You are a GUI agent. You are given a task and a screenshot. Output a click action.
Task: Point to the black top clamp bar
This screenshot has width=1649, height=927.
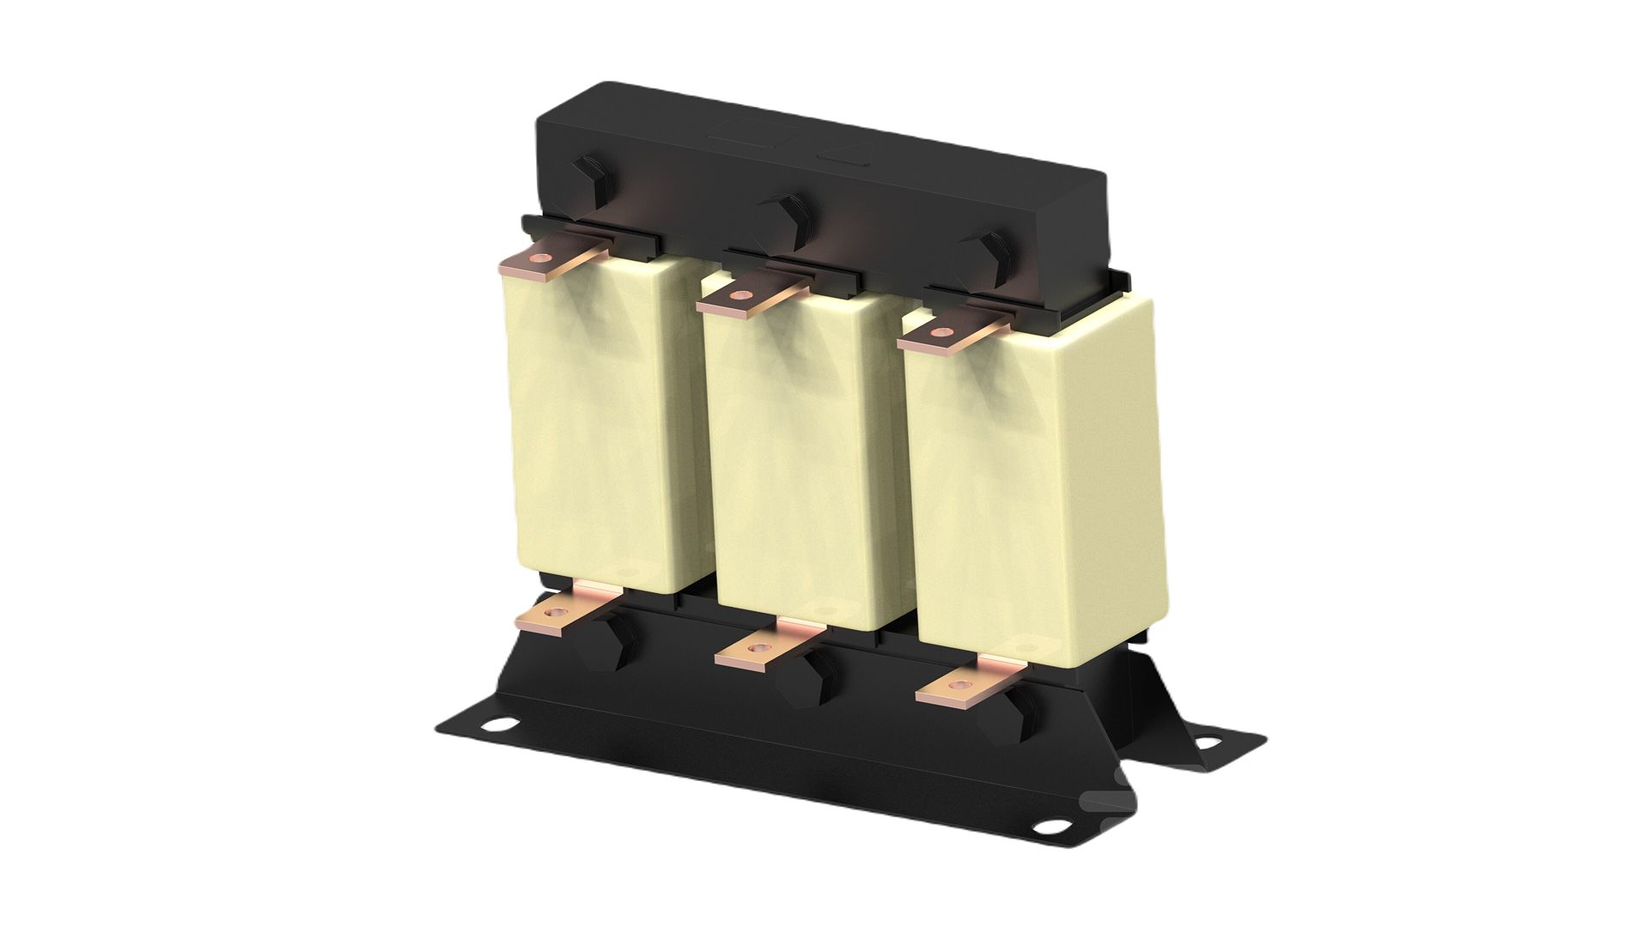coord(824,172)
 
